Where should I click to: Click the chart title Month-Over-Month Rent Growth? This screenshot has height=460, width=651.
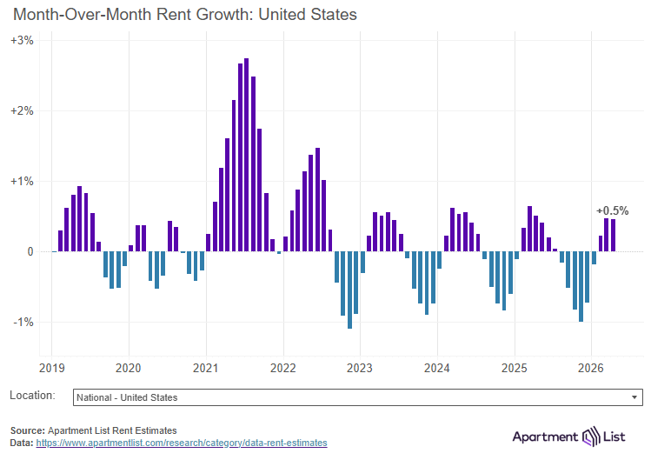click(184, 15)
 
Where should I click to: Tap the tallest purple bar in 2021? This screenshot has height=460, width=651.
click(247, 157)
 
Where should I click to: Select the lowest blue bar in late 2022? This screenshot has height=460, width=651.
click(349, 290)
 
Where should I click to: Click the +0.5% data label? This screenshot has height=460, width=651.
click(612, 210)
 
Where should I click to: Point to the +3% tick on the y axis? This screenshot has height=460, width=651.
click(23, 41)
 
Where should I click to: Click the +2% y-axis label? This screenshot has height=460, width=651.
click(23, 111)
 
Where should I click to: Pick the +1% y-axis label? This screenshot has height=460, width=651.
click(23, 182)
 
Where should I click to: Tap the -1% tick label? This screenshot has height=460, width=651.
click(23, 322)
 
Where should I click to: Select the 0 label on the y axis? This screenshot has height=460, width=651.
click(30, 252)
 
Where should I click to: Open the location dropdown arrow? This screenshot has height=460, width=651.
click(634, 397)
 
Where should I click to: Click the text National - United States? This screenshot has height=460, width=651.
click(127, 397)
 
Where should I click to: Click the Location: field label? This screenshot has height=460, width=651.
click(32, 396)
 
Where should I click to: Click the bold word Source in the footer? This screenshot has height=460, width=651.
click(27, 430)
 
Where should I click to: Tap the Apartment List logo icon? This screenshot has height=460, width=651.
click(592, 436)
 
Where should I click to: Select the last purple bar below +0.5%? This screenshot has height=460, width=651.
click(613, 236)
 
